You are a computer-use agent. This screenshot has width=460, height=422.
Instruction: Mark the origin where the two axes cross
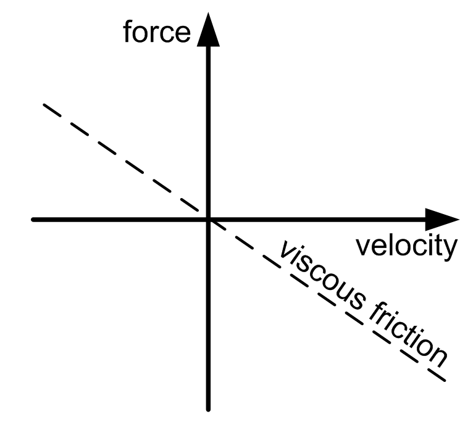coord(209,220)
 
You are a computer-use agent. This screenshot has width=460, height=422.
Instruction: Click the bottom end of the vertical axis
coord(209,408)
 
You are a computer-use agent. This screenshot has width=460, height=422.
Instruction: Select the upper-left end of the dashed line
coord(43,105)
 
